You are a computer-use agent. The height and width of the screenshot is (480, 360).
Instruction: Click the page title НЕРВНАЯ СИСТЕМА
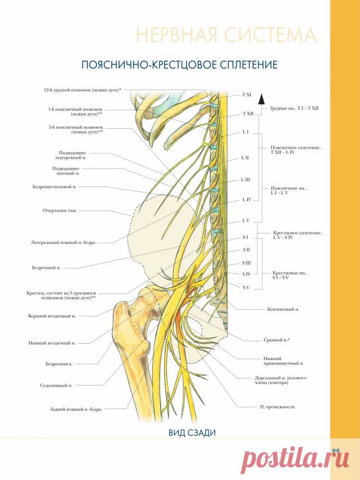click(x=225, y=36)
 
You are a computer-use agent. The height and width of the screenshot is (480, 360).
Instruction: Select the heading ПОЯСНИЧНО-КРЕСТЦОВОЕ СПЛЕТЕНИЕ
click(x=179, y=65)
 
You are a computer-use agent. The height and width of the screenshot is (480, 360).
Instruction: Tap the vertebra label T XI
click(x=247, y=95)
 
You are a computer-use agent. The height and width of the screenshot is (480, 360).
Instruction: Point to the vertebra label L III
click(x=245, y=179)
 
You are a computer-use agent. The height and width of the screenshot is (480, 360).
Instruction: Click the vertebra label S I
click(x=245, y=238)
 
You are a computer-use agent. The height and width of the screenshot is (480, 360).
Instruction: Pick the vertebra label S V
click(x=246, y=286)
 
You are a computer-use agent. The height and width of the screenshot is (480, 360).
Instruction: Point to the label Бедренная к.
click(x=60, y=363)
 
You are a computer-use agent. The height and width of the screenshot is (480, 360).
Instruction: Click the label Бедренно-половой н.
click(x=55, y=187)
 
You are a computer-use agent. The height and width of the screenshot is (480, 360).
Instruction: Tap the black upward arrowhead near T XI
click(x=261, y=98)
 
